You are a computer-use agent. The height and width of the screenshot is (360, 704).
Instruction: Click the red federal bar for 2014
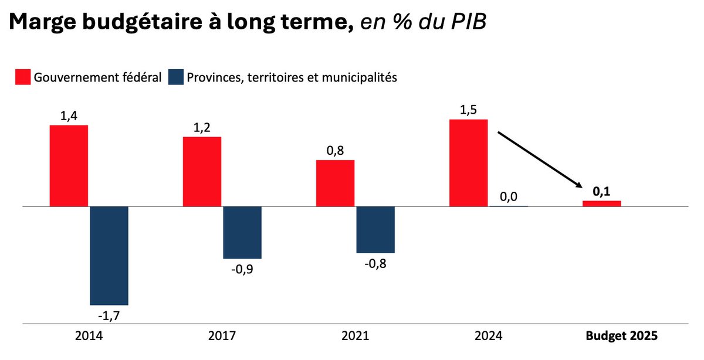pyautogui.click(x=69, y=166)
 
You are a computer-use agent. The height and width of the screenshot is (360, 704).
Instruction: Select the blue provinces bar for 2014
pyautogui.click(x=109, y=256)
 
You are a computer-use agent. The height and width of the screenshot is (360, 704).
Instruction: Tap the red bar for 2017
pyautogui.click(x=202, y=172)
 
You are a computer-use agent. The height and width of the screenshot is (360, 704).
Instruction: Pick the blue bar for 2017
pyautogui.click(x=242, y=232)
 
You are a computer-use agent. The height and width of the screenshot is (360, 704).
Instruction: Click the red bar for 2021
pyautogui.click(x=335, y=184)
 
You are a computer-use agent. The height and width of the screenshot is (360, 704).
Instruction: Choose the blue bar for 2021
pyautogui.click(x=375, y=229)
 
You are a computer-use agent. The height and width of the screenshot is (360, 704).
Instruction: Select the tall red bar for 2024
pyautogui.click(x=468, y=163)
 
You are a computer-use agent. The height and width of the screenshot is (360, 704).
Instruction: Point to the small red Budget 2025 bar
pyautogui.click(x=601, y=203)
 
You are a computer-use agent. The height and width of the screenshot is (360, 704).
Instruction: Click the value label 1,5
pyautogui.click(x=468, y=110)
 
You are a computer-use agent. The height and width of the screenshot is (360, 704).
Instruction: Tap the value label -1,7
pyautogui.click(x=109, y=316)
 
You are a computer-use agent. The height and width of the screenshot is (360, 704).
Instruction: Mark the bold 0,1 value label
pyautogui.click(x=601, y=191)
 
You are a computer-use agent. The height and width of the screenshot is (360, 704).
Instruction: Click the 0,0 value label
pyautogui.click(x=508, y=196)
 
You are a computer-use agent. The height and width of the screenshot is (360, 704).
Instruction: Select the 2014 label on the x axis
pyautogui.click(x=89, y=337)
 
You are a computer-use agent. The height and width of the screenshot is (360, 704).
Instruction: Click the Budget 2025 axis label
pyautogui.click(x=621, y=337)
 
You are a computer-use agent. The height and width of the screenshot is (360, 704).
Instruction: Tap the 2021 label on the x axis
pyautogui.click(x=355, y=337)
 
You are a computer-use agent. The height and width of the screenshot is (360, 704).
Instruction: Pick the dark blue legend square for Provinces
pyautogui.click(x=175, y=77)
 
